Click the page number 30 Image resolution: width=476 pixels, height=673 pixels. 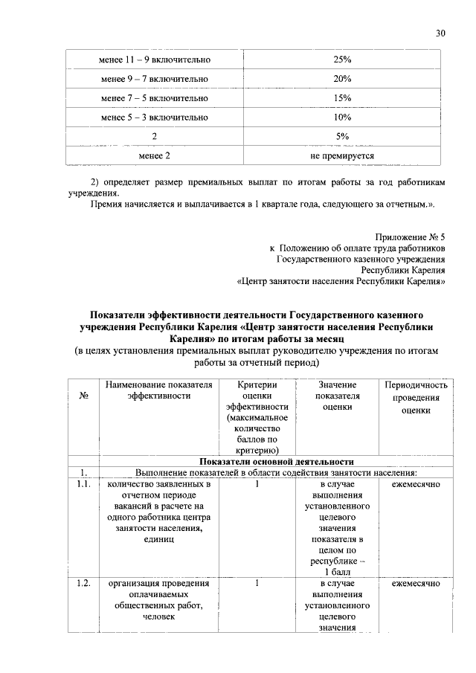[x=440, y=33]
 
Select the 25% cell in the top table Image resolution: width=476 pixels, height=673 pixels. [x=342, y=59]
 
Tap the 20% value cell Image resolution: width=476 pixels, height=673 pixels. [x=342, y=78]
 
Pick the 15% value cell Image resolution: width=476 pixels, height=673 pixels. [x=342, y=97]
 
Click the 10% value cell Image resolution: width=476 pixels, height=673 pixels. [x=342, y=117]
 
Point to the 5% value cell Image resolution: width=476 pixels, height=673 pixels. [x=342, y=136]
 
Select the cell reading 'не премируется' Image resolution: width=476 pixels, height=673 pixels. [x=342, y=155]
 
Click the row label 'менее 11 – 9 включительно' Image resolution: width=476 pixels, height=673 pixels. [x=155, y=59]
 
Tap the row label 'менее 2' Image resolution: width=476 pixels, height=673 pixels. [x=155, y=155]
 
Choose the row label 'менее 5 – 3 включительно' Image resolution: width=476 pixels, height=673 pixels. [x=155, y=117]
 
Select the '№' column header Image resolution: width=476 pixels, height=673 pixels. [x=84, y=396]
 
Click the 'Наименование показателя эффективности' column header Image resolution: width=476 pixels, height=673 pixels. [x=158, y=390]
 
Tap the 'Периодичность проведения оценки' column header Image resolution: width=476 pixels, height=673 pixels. [x=416, y=396]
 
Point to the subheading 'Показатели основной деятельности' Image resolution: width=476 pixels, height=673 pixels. [x=276, y=461]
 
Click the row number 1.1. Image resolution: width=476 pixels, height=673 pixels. [x=83, y=484]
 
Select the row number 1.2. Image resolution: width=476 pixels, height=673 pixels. [x=83, y=583]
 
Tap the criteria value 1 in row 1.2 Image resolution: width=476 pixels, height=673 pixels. [x=257, y=583]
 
